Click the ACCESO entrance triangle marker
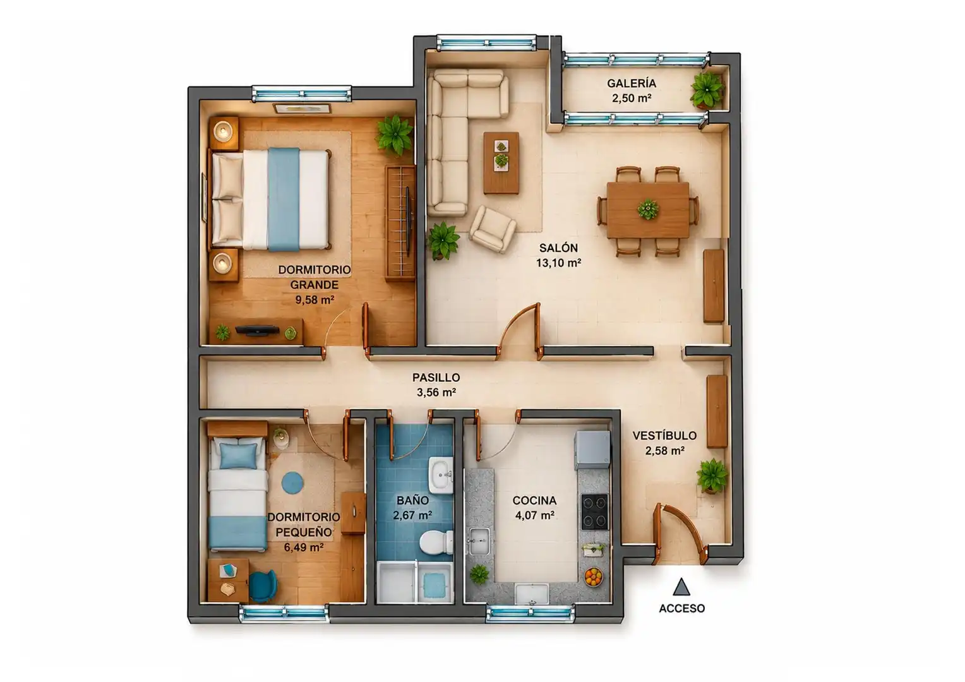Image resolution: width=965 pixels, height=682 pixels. tap(681, 587)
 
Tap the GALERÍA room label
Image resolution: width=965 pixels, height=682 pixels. tap(632, 83)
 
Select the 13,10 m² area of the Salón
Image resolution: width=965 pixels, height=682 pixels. tap(558, 263)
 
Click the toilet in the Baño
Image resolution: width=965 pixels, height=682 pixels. tap(436, 543)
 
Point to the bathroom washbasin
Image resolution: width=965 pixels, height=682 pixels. tap(441, 476)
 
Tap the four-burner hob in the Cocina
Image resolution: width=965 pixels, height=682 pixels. tap(595, 512)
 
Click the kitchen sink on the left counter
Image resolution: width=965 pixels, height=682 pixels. tap(479, 541)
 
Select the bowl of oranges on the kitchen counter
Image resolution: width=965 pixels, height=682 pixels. tap(594, 577)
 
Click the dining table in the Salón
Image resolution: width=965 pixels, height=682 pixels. tap(648, 210)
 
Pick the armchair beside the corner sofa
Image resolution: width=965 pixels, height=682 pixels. tap(493, 229)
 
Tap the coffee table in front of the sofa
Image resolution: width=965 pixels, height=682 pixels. tap(501, 163)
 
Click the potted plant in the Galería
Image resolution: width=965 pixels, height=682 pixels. tap(707, 90)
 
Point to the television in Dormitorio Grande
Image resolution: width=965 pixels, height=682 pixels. tap(257, 330)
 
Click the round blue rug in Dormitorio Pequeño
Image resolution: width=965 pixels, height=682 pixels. tap(292, 483)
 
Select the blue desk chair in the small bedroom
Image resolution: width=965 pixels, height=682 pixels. tap(262, 585)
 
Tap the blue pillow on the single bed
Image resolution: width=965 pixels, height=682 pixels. tap(238, 456)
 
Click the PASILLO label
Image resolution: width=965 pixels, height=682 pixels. tap(436, 378)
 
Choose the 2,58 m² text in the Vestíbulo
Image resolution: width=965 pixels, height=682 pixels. tap(665, 451)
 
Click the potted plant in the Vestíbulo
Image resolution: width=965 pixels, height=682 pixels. tap(712, 476)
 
